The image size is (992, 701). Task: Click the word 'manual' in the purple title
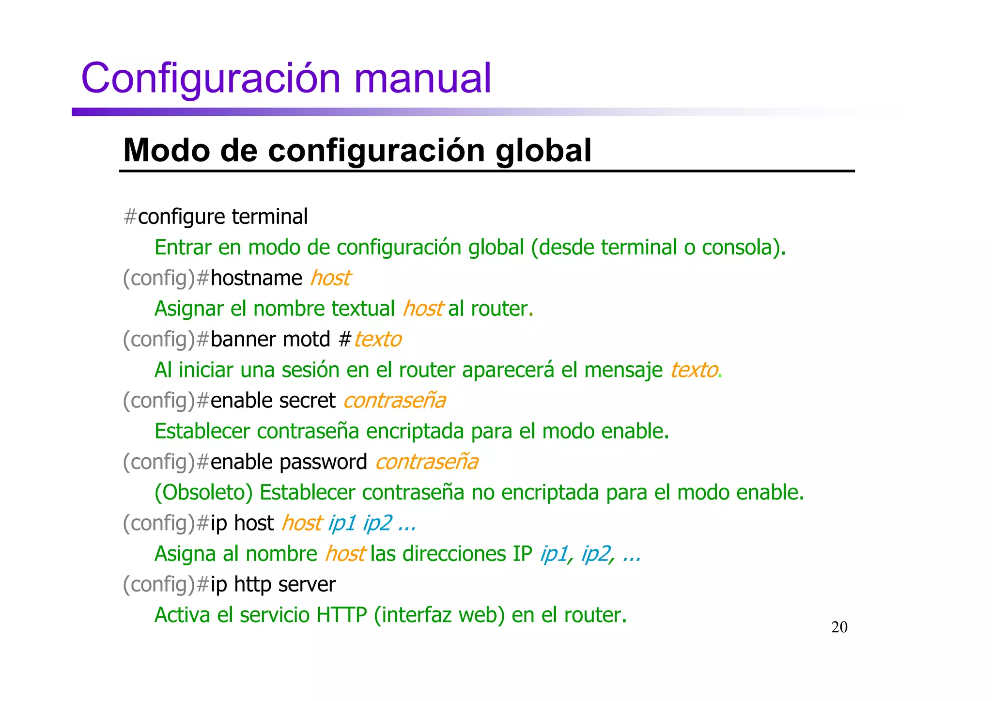422,78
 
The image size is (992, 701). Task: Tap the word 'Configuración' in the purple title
211,78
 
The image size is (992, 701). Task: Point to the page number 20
839,627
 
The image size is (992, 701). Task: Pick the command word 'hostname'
256,278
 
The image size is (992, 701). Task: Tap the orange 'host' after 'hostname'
330,278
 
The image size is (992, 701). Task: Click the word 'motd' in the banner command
306,339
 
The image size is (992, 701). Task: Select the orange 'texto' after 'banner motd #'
377,339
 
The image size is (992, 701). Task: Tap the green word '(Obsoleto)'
203,493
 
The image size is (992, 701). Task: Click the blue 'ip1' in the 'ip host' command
342,523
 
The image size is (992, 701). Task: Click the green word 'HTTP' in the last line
341,615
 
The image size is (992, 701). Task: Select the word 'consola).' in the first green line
744,248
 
